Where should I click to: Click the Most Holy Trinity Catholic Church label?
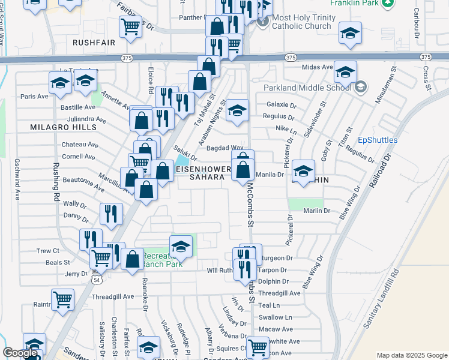[301, 22]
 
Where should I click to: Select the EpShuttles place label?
[378, 140]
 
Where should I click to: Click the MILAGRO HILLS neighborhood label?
[63, 127]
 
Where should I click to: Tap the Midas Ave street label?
[318, 67]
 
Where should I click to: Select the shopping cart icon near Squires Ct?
[258, 346]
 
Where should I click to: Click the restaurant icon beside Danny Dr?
[112, 214]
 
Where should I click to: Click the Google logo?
[20, 353]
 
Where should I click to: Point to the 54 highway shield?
[97, 279]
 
